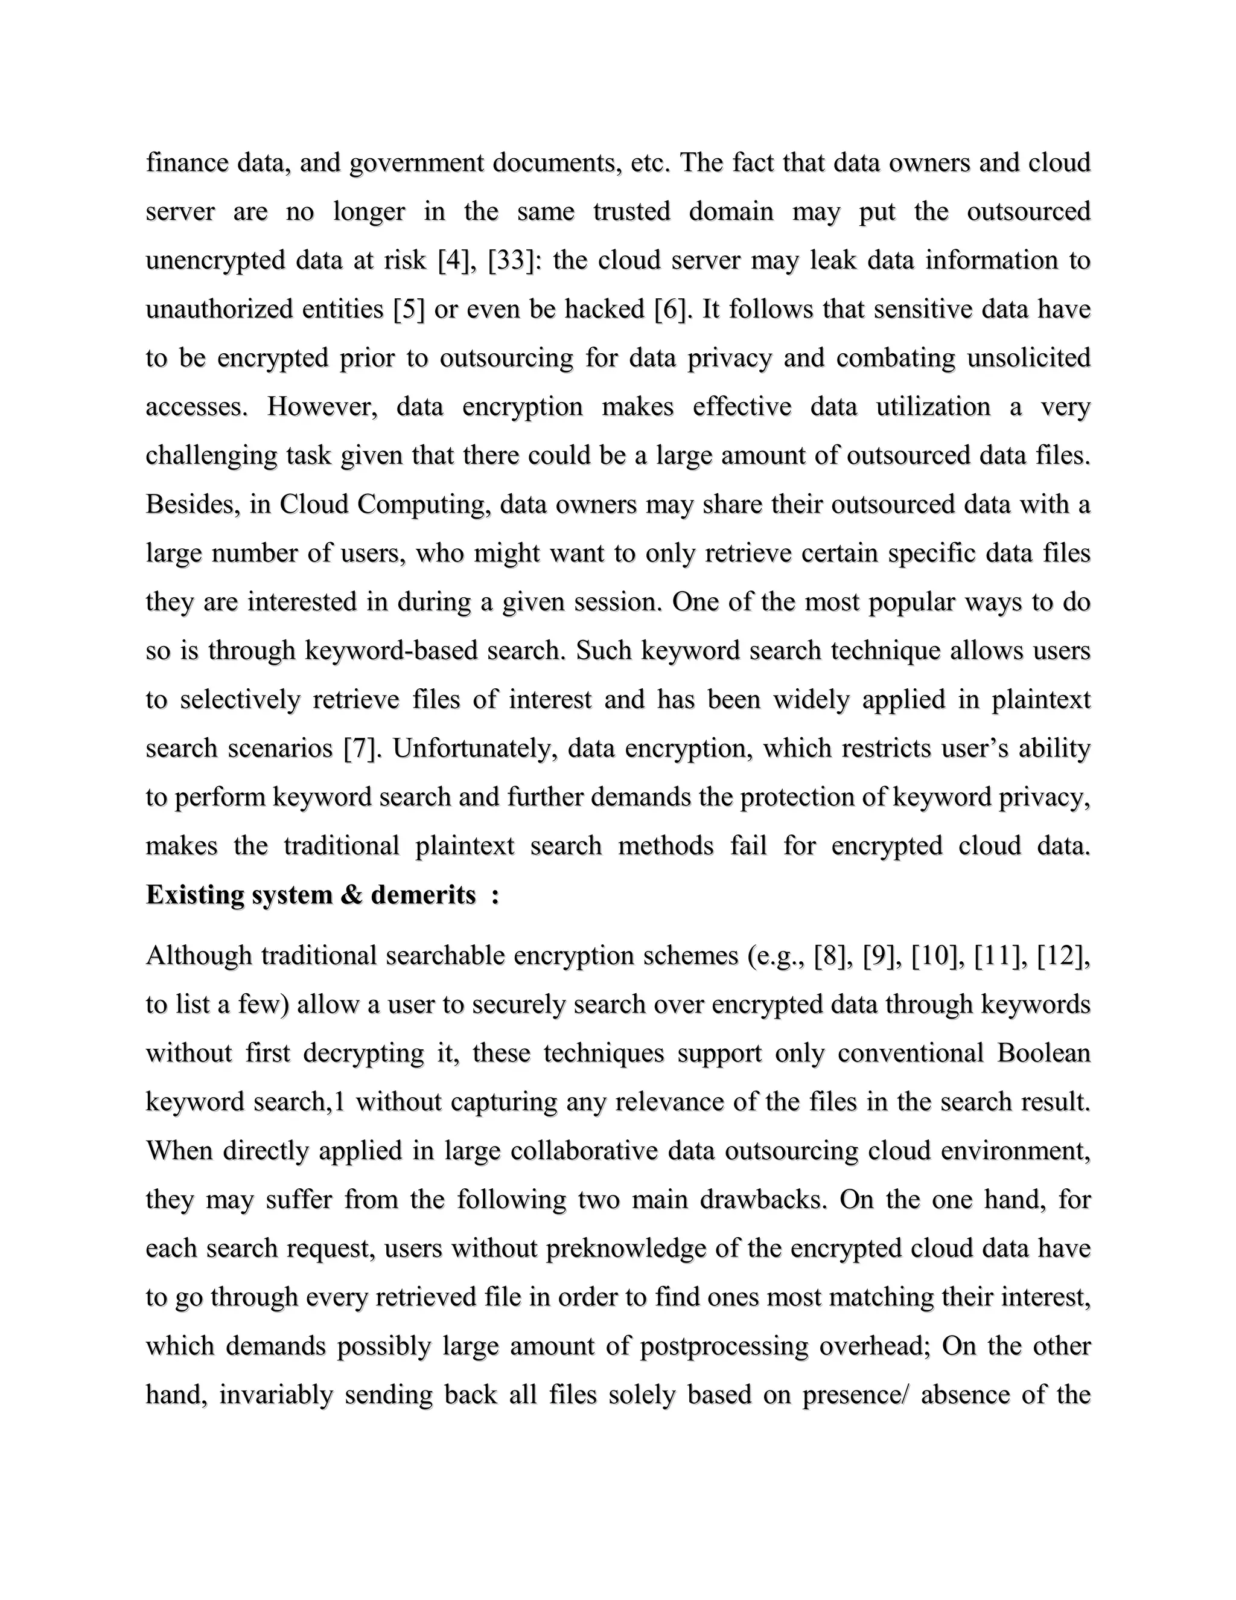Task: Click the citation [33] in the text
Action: tap(512, 261)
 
